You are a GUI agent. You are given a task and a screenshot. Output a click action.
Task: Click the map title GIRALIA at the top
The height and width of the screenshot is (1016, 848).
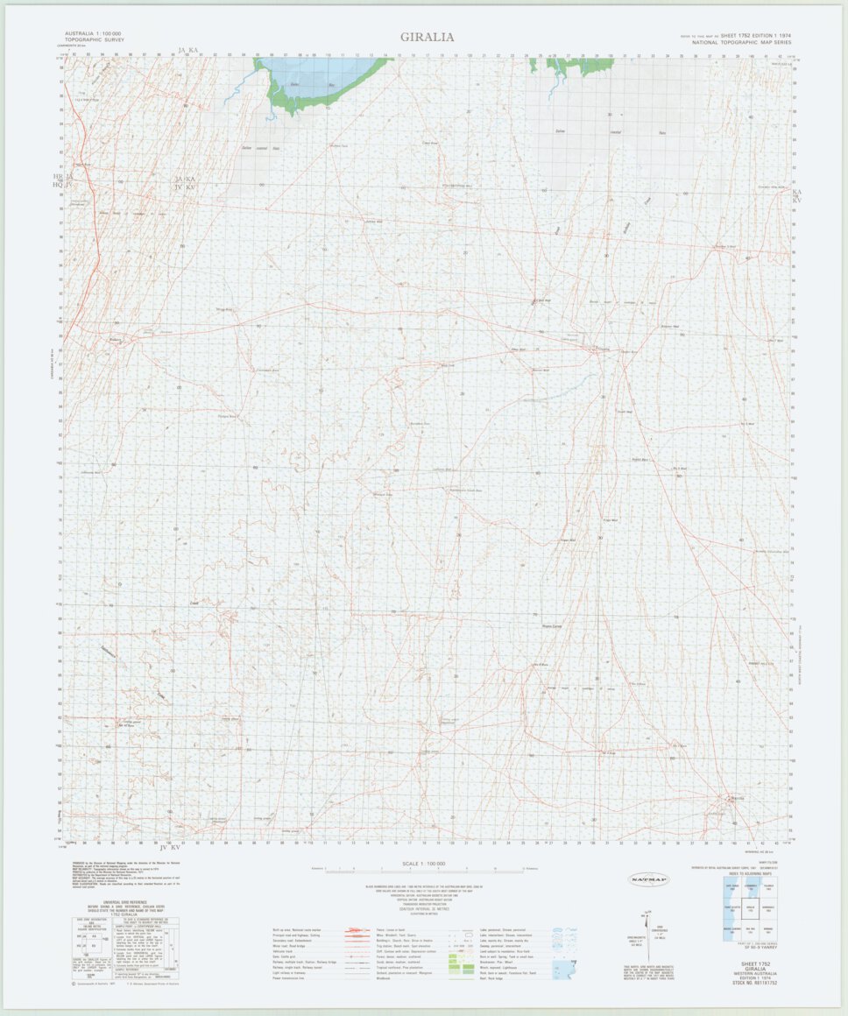tap(428, 37)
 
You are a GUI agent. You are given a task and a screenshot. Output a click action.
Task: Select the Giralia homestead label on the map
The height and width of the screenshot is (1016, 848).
tap(604, 348)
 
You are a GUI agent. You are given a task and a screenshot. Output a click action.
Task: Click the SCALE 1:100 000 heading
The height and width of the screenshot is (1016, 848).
tap(423, 864)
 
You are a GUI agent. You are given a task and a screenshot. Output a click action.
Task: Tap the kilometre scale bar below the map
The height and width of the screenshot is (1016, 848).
tap(424, 871)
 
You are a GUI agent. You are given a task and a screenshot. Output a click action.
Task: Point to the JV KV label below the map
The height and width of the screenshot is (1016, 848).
tap(169, 848)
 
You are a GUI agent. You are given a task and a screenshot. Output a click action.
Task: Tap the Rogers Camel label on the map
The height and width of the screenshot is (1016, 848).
tap(550, 625)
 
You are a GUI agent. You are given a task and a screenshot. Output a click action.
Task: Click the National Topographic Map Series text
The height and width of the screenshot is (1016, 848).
tap(740, 42)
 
